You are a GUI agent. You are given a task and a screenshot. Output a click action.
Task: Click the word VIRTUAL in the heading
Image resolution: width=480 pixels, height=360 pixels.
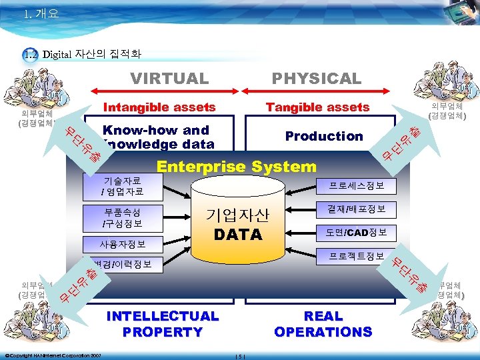click(169, 78)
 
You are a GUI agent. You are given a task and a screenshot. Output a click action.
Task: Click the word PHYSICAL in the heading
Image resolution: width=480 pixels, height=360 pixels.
click(317, 78)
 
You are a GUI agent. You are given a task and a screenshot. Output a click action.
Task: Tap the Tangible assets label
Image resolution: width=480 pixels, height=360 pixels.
click(317, 107)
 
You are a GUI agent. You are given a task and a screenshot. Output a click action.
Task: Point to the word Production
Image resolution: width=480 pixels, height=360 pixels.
click(324, 136)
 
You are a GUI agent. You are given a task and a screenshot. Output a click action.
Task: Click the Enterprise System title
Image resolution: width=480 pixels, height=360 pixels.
click(236, 167)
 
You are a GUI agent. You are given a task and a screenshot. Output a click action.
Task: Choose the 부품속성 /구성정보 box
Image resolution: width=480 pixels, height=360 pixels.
click(122, 217)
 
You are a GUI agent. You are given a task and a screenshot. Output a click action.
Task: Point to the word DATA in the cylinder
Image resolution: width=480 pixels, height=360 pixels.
click(237, 235)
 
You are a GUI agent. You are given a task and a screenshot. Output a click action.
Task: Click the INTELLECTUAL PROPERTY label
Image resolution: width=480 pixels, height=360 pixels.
click(163, 323)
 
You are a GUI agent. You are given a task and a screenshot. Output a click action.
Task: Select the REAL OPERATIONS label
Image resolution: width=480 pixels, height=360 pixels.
click(323, 323)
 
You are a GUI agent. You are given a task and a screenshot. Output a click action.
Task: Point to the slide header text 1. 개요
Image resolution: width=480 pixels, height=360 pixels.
click(41, 13)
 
